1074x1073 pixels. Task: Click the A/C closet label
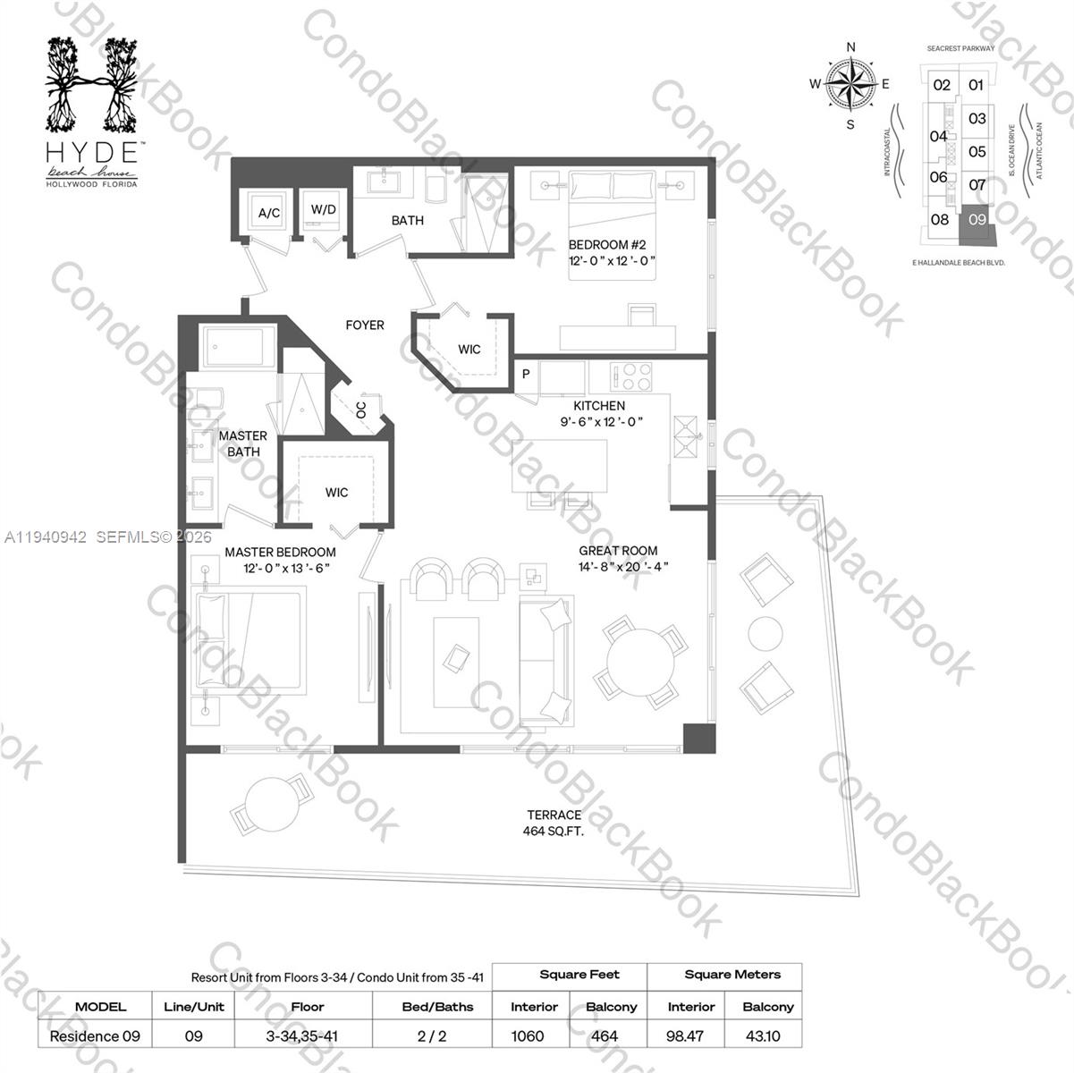click(x=269, y=213)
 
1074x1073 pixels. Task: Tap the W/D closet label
click(x=323, y=210)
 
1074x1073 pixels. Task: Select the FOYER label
click(x=365, y=325)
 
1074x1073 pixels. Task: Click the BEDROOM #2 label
click(x=607, y=244)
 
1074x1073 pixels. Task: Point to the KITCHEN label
click(x=599, y=405)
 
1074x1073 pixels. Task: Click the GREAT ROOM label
click(x=618, y=551)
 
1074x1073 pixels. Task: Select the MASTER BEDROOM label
click(x=280, y=553)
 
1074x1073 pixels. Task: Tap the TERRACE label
click(x=554, y=815)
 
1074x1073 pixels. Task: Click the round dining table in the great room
click(x=641, y=664)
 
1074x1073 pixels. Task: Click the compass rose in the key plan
click(x=850, y=85)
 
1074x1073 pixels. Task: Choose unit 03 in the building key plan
click(x=977, y=118)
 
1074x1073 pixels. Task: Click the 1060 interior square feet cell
click(x=528, y=1035)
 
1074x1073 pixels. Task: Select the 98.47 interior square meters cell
click(x=690, y=1035)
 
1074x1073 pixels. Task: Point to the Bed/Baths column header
click(x=437, y=1006)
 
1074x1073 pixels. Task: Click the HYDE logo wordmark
click(x=92, y=149)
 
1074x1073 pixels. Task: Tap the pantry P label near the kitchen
click(x=526, y=375)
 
